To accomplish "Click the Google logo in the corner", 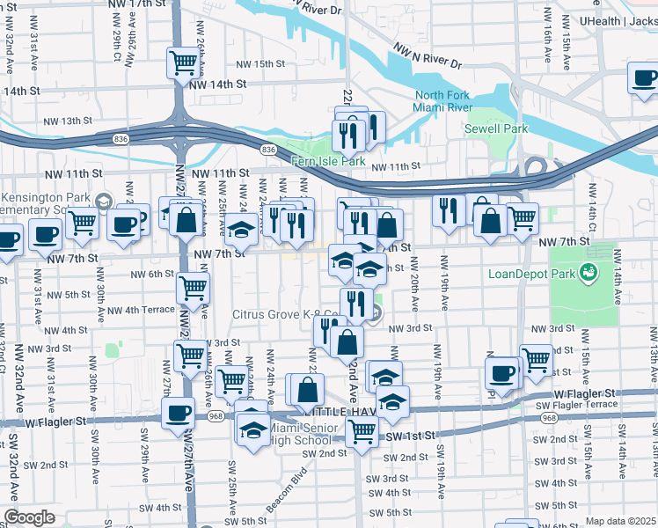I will coord(29,517).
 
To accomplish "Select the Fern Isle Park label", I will coord(328,161).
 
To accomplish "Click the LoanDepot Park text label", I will coord(530,273).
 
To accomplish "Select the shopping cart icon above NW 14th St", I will coord(184,63).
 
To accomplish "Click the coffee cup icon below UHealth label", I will coord(645,77).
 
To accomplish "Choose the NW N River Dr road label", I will coord(428,56).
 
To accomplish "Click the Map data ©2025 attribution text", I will coord(621,521).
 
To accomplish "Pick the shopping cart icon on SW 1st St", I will coord(362,431).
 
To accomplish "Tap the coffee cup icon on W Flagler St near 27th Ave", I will coord(179,412).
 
